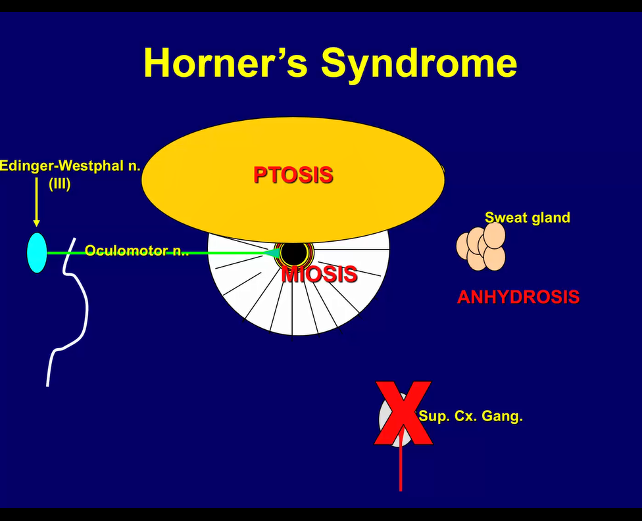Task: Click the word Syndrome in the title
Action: point(419,64)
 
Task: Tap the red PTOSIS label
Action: point(293,175)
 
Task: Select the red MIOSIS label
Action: point(319,274)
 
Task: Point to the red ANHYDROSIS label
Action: point(518,297)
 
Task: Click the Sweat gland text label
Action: point(527,217)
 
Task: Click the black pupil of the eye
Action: point(293,254)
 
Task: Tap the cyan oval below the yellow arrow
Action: point(37,252)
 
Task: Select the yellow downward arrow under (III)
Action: point(36,210)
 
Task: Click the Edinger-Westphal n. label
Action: point(70,166)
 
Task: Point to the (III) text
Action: point(59,184)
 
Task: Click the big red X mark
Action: point(401,413)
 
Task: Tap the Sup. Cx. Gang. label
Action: point(470,416)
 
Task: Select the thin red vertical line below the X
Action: point(401,470)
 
